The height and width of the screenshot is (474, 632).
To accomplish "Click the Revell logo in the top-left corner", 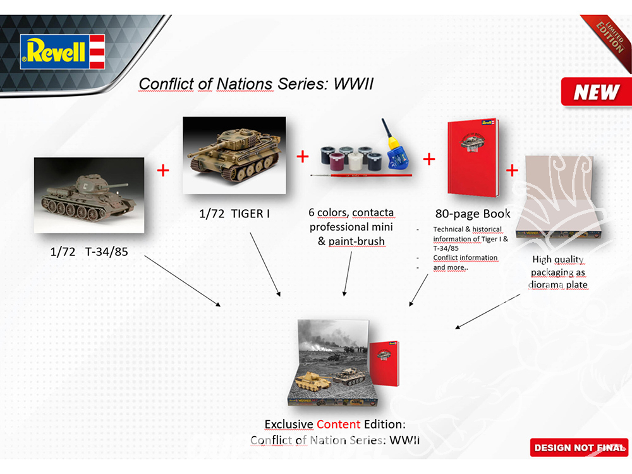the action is tap(63, 52).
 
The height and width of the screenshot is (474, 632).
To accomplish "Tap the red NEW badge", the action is tap(596, 92).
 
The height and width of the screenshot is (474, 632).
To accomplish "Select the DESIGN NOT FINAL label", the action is tap(579, 447).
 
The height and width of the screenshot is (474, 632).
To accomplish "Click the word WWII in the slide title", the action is tap(353, 84).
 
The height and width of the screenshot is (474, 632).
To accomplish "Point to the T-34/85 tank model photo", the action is tap(89, 195).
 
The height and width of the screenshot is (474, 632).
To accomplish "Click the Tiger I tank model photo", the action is tap(234, 155).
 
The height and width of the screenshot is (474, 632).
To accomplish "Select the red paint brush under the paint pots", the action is tap(361, 175).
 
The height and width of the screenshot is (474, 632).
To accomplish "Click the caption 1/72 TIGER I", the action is tap(234, 214).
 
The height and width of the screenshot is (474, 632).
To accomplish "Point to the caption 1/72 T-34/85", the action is tap(89, 252).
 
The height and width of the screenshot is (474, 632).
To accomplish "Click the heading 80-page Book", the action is tap(472, 214).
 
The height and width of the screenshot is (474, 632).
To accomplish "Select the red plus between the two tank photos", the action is tap(163, 171).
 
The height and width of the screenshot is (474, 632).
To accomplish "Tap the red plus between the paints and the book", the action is tap(429, 159).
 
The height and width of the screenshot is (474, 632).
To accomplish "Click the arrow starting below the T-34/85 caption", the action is tap(183, 281).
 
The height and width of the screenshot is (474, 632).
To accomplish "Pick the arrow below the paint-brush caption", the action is tap(348, 274).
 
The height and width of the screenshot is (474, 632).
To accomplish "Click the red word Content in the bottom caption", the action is tap(338, 424).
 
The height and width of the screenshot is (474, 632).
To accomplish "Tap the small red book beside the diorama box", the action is tap(384, 363).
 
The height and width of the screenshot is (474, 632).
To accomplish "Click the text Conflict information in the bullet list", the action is tap(465, 258).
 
